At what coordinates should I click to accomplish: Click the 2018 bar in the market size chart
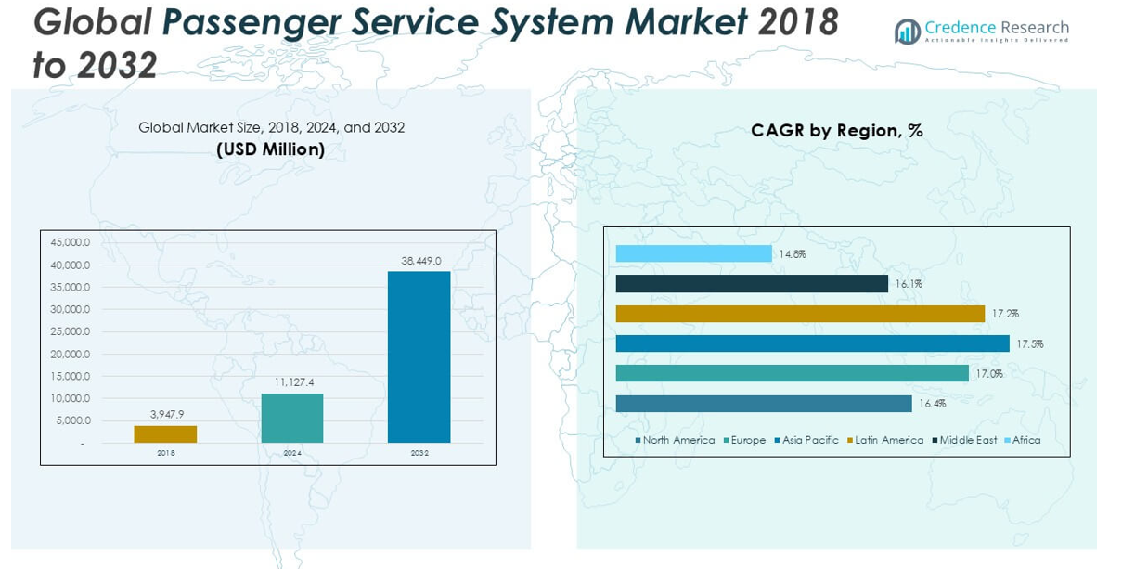click(165, 433)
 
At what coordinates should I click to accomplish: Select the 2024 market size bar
click(292, 418)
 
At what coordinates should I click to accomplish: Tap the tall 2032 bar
click(419, 356)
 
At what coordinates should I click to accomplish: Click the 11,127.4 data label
click(293, 381)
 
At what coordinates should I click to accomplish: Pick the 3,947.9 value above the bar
click(166, 414)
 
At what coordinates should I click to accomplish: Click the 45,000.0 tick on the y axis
click(71, 243)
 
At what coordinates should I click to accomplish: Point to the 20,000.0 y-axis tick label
click(71, 354)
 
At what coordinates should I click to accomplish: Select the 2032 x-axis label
click(419, 453)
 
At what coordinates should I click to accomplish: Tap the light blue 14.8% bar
click(693, 253)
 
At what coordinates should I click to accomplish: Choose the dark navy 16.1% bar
click(752, 283)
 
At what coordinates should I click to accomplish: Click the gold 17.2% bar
click(800, 314)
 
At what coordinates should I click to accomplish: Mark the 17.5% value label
click(1029, 343)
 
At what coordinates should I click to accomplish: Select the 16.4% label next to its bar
click(933, 404)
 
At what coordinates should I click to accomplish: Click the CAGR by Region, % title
click(836, 131)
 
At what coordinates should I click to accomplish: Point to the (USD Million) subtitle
click(270, 149)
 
